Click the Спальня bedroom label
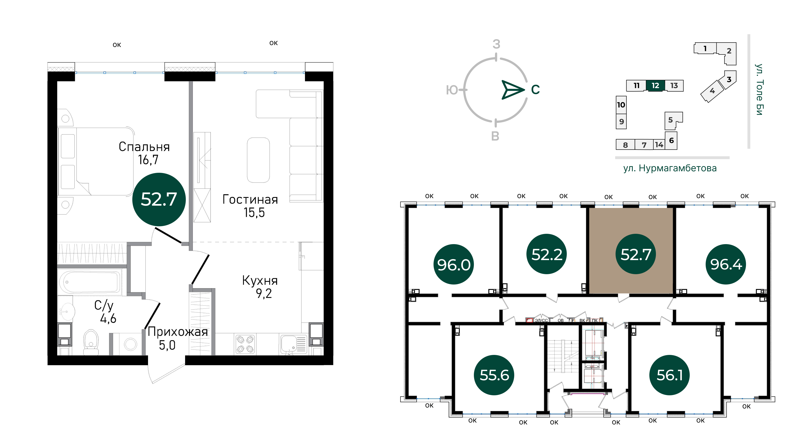[144, 147]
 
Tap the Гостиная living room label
[250, 199]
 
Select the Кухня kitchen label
[260, 281]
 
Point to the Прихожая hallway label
[178, 332]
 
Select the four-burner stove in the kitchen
[245, 344]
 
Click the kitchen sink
[293, 344]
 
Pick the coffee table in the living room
[258, 160]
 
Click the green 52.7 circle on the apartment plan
[159, 199]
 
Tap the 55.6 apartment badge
[494, 375]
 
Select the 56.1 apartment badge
[670, 375]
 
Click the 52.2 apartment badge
[547, 254]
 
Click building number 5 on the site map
[670, 120]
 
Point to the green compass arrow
[513, 90]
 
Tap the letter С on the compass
[535, 90]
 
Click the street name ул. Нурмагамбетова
[670, 168]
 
